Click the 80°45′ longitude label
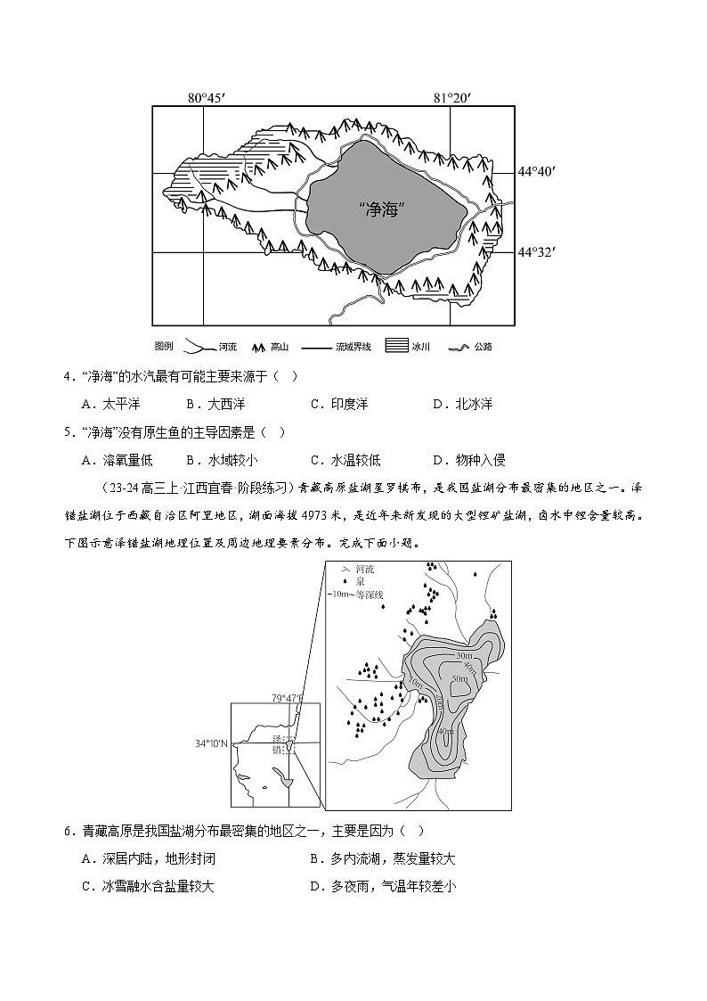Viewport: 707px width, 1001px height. tap(206, 97)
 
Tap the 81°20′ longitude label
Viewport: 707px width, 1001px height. tap(451, 97)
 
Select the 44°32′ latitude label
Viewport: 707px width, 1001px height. tap(537, 252)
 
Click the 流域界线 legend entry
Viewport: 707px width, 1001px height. tap(340, 346)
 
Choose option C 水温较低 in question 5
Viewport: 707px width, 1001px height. tap(347, 460)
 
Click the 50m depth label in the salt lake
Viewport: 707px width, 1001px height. tap(459, 679)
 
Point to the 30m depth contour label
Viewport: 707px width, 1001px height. tap(463, 656)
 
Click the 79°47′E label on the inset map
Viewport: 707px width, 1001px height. tap(288, 699)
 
